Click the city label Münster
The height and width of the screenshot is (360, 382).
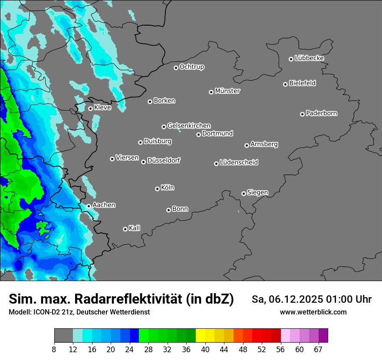tap(227, 91)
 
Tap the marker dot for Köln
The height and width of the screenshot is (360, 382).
tap(157, 189)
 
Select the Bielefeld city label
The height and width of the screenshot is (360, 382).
tap(302, 83)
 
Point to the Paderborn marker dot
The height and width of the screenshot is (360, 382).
tap(302, 114)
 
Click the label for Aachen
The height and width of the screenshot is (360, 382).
tap(104, 205)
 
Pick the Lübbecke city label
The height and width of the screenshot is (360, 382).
tap(309, 58)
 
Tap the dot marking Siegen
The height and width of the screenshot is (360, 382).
tap(244, 193)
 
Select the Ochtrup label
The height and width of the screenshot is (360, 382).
tap(192, 67)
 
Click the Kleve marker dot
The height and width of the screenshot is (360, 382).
tap(90, 108)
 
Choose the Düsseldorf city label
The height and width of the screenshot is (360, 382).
tap(164, 160)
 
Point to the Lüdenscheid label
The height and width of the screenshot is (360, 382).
tap(239, 163)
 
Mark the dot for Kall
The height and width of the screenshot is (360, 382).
tap(125, 229)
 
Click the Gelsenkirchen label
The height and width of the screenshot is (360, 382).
tap(189, 126)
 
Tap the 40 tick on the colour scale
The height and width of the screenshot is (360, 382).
tap(205, 349)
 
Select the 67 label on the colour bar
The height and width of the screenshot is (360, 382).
tap(318, 349)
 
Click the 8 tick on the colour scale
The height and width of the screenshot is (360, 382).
tap(54, 349)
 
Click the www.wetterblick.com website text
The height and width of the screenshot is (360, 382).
tap(313, 312)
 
